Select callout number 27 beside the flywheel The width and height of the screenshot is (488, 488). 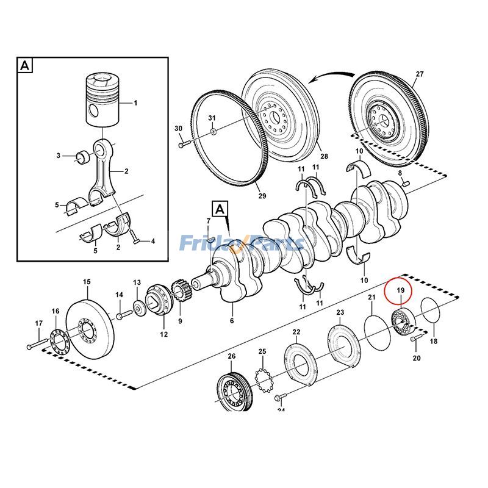tap(419, 74)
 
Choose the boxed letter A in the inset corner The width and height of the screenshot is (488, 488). tap(24, 65)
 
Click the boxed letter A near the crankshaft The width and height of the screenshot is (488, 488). tap(220, 209)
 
